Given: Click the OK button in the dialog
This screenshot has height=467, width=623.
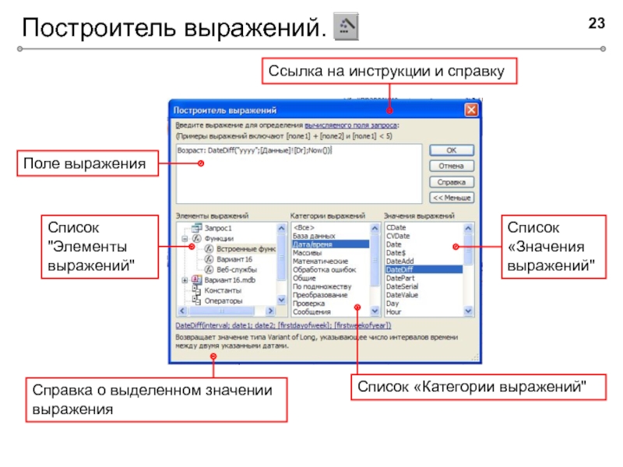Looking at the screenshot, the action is click(x=450, y=150).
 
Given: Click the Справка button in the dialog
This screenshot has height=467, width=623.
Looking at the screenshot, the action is click(x=450, y=181).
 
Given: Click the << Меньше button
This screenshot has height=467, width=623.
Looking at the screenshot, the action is click(x=450, y=197).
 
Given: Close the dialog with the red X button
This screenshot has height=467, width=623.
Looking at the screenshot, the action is click(x=471, y=111).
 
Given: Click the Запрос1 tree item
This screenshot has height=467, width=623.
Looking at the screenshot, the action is click(x=217, y=226).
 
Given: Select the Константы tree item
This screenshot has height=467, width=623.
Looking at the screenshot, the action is click(x=222, y=290).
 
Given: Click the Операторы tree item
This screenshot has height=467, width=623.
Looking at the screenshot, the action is click(x=223, y=300).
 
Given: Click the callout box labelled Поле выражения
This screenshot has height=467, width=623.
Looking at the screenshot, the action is click(x=85, y=163).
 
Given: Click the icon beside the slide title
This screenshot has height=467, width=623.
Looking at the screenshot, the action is click(x=346, y=26).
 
